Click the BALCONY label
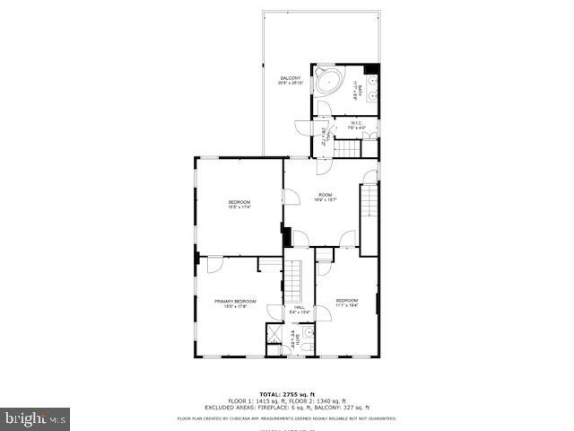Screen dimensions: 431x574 point(290,79)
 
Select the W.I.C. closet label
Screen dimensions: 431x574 point(357,123)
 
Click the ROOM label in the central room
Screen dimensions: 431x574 point(325,195)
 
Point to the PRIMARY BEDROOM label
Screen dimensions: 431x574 point(235,301)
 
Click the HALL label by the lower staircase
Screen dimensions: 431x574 point(299,307)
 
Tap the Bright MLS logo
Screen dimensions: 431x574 point(36,418)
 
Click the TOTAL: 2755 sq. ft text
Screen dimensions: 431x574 point(286,394)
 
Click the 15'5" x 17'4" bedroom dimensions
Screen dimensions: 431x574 point(239,207)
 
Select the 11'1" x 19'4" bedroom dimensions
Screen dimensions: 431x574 point(347,305)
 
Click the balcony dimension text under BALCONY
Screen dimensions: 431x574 point(290,84)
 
